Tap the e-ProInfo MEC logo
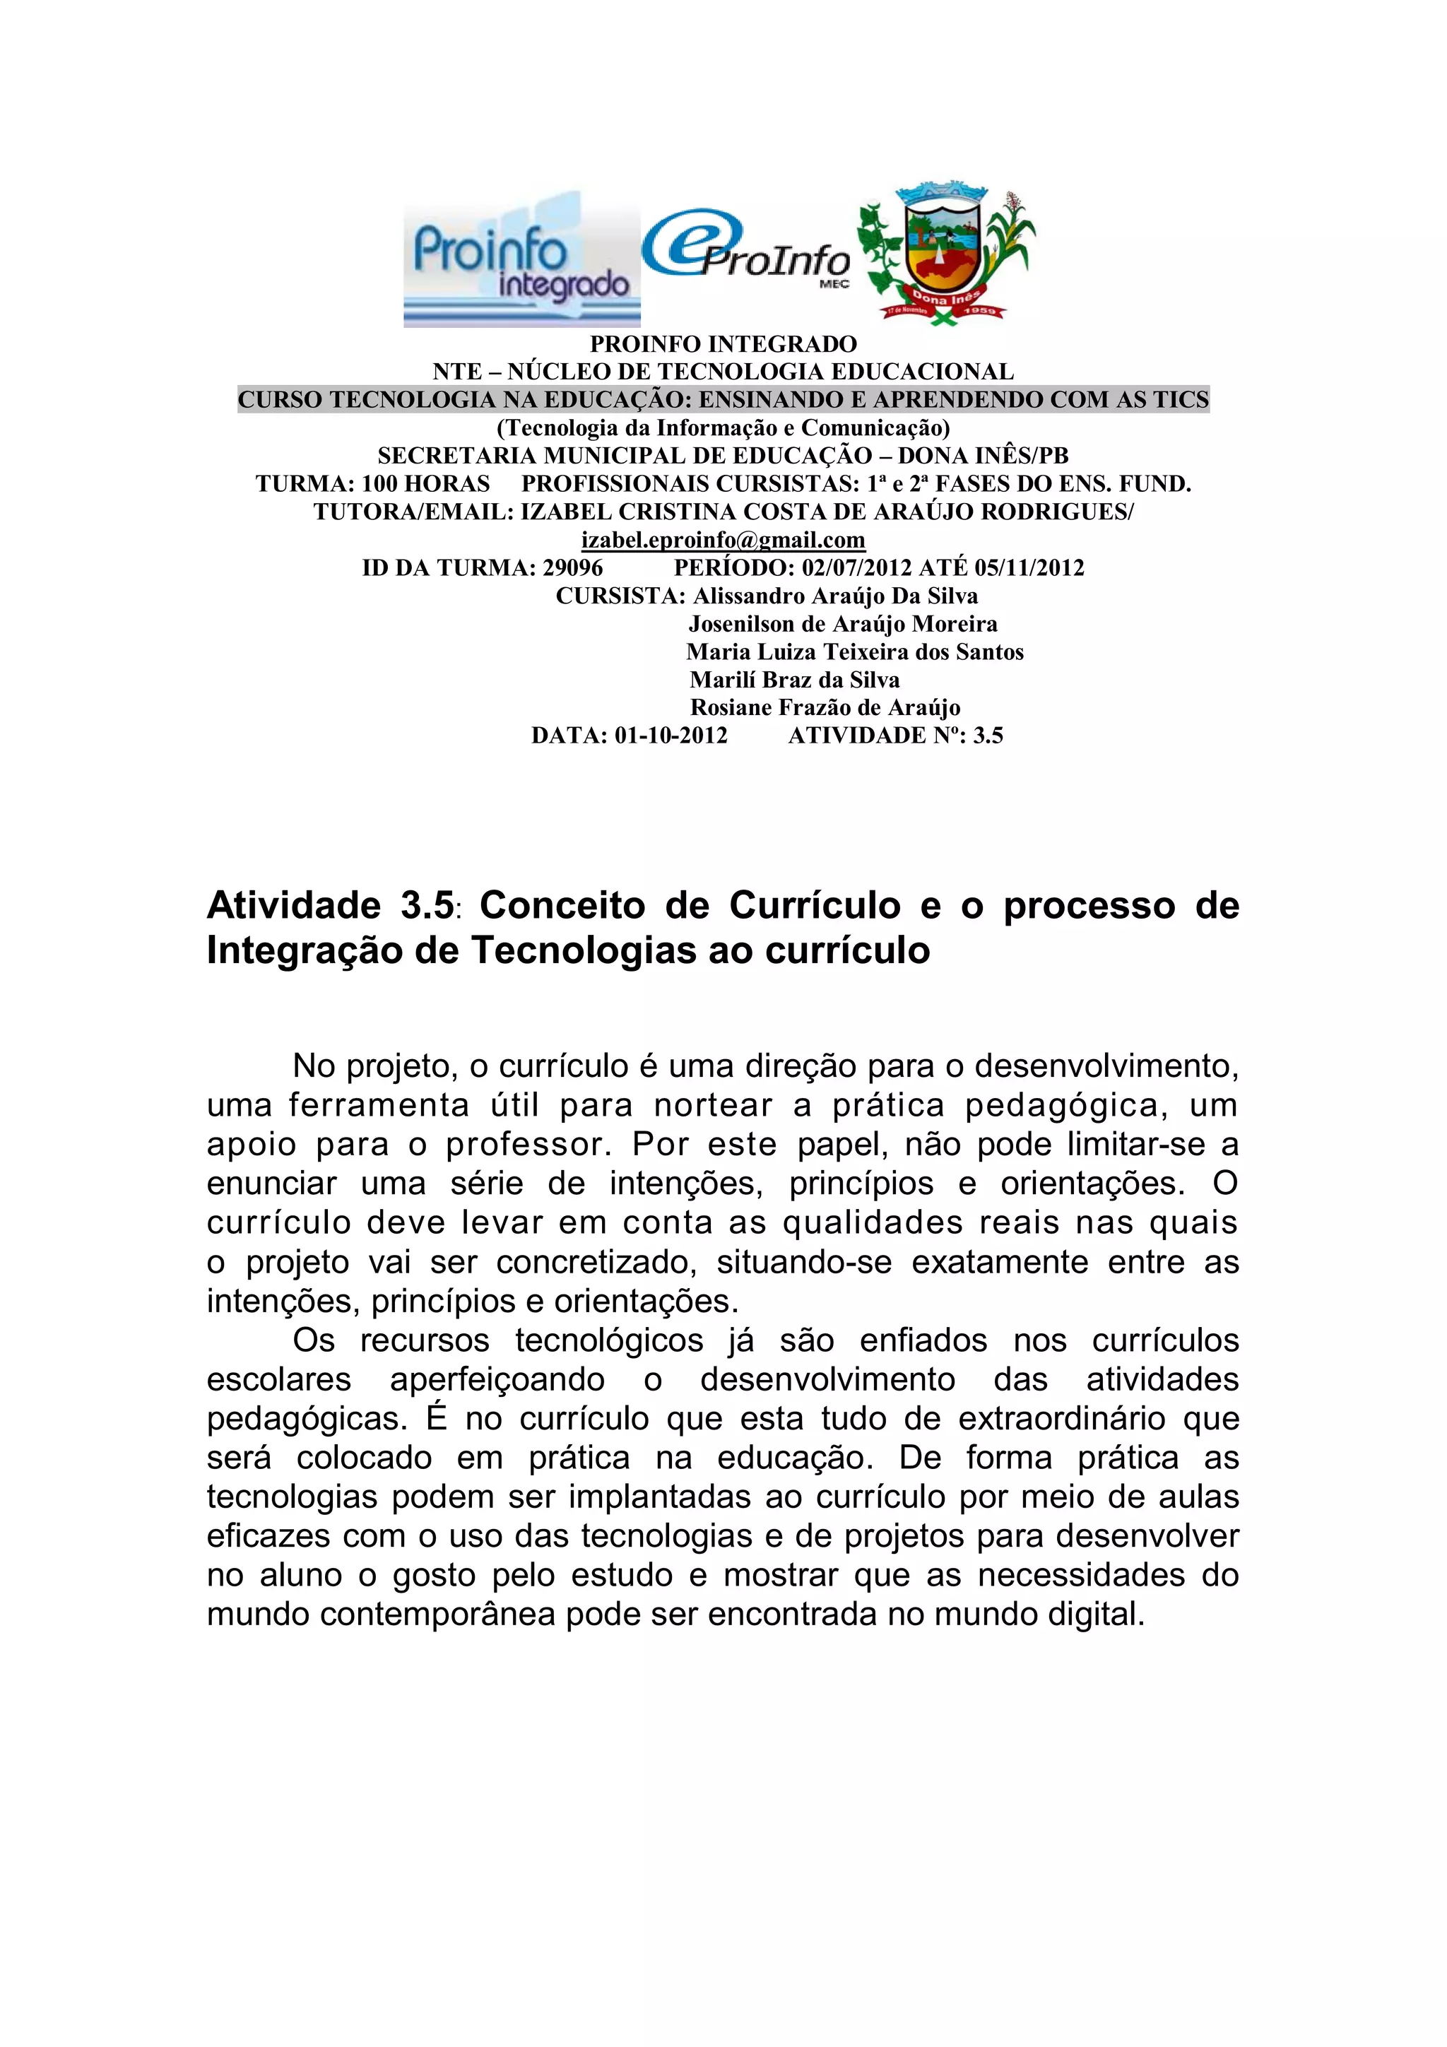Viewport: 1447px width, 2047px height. pyautogui.click(x=746, y=252)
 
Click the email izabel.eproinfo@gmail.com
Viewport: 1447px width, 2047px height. pyautogui.click(x=723, y=541)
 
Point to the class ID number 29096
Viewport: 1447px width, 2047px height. pyautogui.click(x=572, y=568)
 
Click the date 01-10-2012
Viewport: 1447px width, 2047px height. pyautogui.click(x=671, y=736)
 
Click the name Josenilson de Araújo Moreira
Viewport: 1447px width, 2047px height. pyautogui.click(x=842, y=624)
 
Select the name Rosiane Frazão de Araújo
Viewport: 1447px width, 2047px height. pyautogui.click(x=825, y=708)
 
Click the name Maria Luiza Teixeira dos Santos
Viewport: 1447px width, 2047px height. pyautogui.click(x=855, y=651)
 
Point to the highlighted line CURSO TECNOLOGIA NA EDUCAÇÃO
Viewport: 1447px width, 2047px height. pyautogui.click(x=723, y=399)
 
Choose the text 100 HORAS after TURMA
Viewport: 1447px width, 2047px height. pyautogui.click(x=425, y=484)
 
